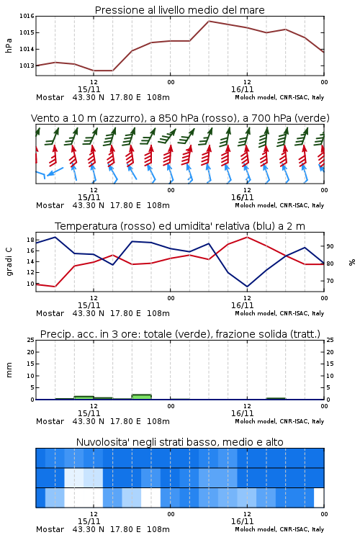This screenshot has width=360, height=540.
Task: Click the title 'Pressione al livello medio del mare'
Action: (x=179, y=10)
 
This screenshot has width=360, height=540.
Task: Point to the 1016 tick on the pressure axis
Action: (x=27, y=16)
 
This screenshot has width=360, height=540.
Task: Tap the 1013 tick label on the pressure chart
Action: (x=27, y=66)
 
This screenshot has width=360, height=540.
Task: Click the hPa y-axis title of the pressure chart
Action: (x=9, y=45)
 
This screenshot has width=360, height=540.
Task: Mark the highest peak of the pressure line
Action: (x=209, y=21)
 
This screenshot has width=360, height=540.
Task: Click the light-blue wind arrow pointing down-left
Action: (x=55, y=171)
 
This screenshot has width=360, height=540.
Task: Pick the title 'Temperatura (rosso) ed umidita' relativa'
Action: (x=151, y=226)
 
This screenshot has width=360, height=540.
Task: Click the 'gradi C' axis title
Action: (x=9, y=262)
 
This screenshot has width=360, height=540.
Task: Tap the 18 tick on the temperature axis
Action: (x=30, y=240)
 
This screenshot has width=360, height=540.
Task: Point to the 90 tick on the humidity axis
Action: (x=330, y=246)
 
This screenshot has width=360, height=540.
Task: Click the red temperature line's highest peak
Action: (x=247, y=237)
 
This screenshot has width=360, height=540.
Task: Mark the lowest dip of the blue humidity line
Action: (x=247, y=287)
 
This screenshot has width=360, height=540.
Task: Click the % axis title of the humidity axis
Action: (x=352, y=262)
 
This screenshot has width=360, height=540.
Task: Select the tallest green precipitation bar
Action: (x=141, y=397)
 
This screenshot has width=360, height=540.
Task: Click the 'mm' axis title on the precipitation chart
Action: (x=9, y=370)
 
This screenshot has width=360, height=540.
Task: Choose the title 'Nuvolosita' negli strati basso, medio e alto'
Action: (x=179, y=442)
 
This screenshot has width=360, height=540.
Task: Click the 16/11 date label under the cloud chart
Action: (x=242, y=521)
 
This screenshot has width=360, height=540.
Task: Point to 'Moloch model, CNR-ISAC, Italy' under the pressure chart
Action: (x=279, y=97)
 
